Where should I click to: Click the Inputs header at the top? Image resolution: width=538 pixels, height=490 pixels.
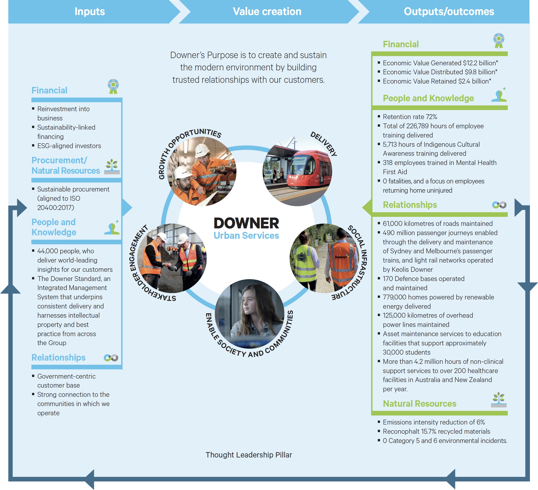pos(90,12)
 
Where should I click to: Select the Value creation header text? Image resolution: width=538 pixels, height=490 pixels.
pos(267,12)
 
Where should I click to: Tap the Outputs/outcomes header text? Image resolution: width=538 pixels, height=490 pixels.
pos(449,12)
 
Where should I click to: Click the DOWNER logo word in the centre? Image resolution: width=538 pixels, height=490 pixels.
pos(246,223)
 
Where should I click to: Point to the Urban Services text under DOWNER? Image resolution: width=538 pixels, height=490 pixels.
pos(246,236)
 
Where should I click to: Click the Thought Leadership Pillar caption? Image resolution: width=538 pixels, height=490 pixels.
pos(249,455)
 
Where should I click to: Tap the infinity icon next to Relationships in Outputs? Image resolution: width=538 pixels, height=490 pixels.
pos(499,205)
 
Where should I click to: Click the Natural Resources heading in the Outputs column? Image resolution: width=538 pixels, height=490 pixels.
pos(420,403)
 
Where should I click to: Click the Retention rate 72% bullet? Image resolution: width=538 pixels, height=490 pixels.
pos(410,117)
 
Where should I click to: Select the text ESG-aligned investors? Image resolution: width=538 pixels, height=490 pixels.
pos(69,146)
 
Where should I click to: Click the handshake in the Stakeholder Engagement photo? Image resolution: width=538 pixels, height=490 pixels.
pos(171,266)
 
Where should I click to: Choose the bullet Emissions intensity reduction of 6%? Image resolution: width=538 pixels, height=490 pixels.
pos(434,422)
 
